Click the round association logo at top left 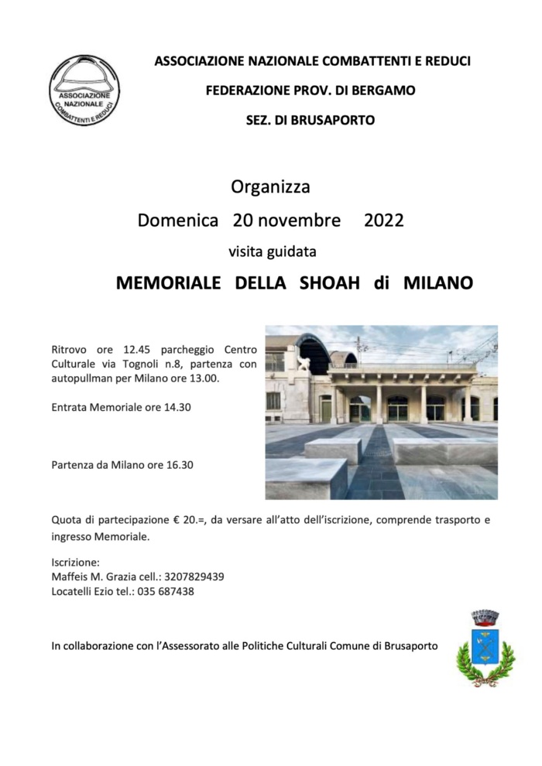pyautogui.click(x=85, y=91)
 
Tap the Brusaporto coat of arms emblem pyautogui.click(x=485, y=647)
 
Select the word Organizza pyautogui.click(x=270, y=187)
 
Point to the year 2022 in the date pyautogui.click(x=383, y=221)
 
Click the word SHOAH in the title pyautogui.click(x=330, y=283)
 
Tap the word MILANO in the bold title pyautogui.click(x=437, y=283)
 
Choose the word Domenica pyautogui.click(x=177, y=221)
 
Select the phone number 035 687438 pyautogui.click(x=166, y=591)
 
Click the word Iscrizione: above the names pyautogui.click(x=75, y=562)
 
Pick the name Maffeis pyautogui.click(x=71, y=576)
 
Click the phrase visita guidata pyautogui.click(x=272, y=251)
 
